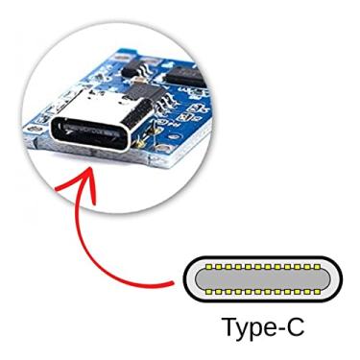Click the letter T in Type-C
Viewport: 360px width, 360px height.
click(230, 325)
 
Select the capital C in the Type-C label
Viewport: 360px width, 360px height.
click(295, 325)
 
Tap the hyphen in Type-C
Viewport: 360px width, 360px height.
click(279, 328)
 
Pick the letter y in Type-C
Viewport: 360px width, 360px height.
click(244, 329)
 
